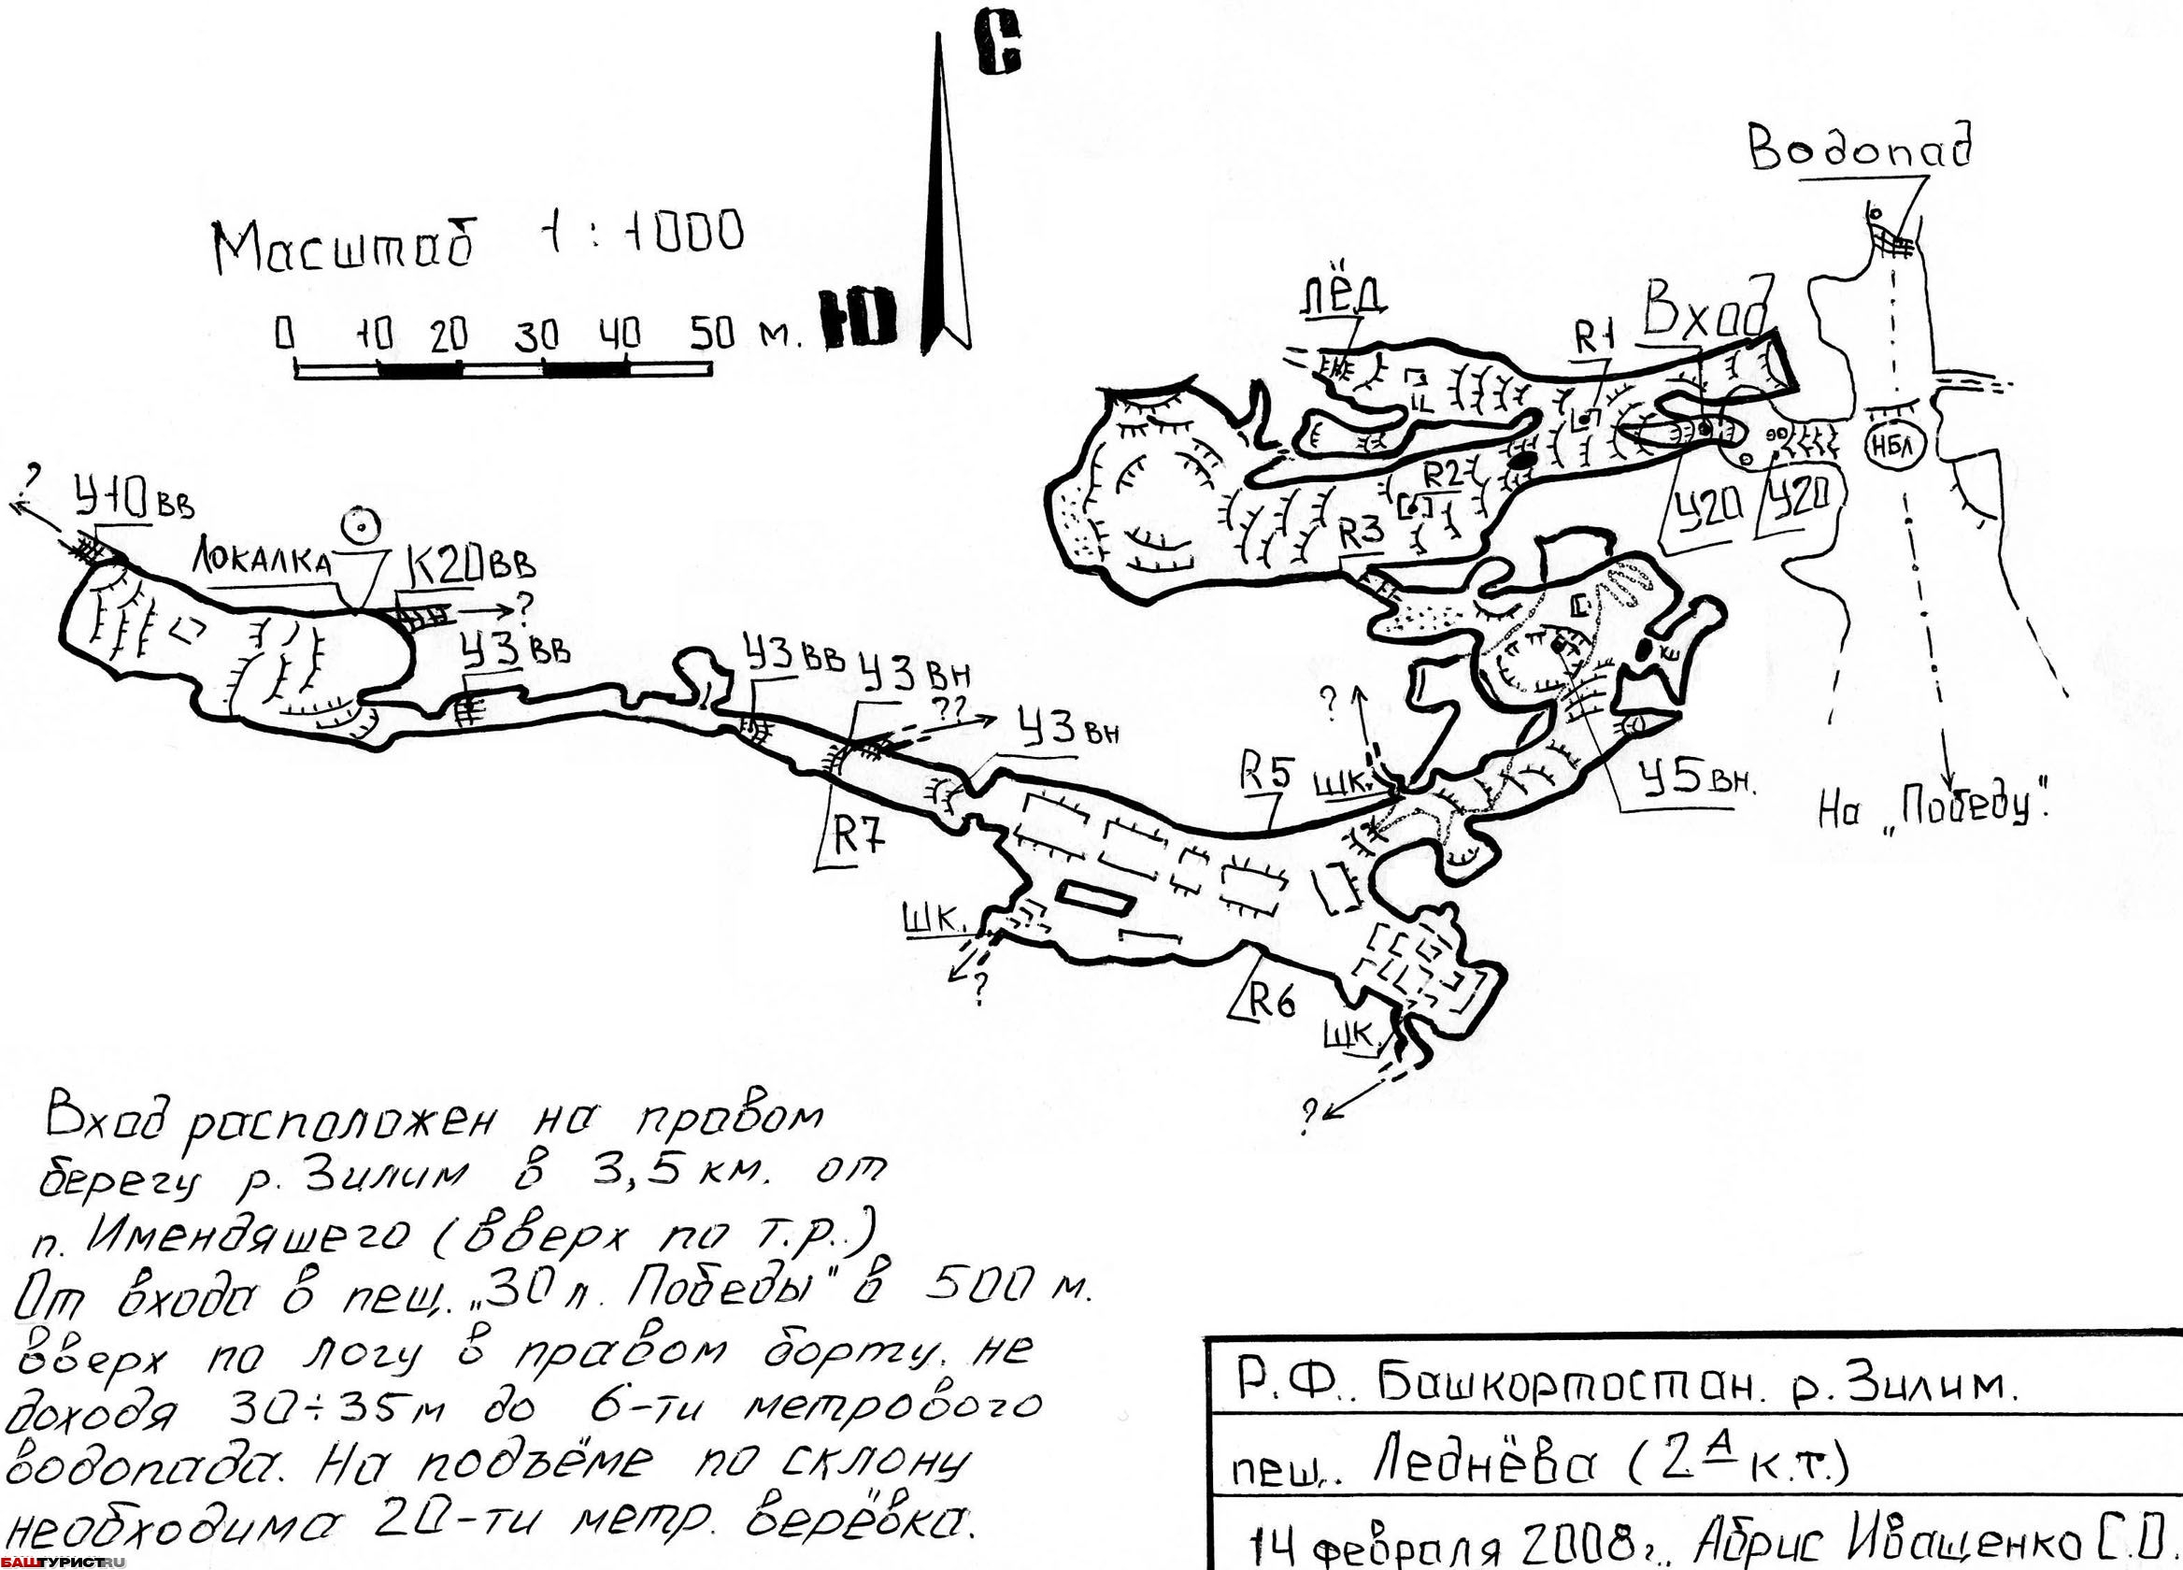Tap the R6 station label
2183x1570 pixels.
click(x=1272, y=1002)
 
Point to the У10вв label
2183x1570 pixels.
click(x=132, y=503)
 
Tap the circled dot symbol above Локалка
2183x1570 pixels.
click(x=363, y=525)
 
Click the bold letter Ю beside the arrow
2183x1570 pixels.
click(x=859, y=317)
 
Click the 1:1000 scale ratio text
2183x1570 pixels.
click(x=644, y=233)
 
